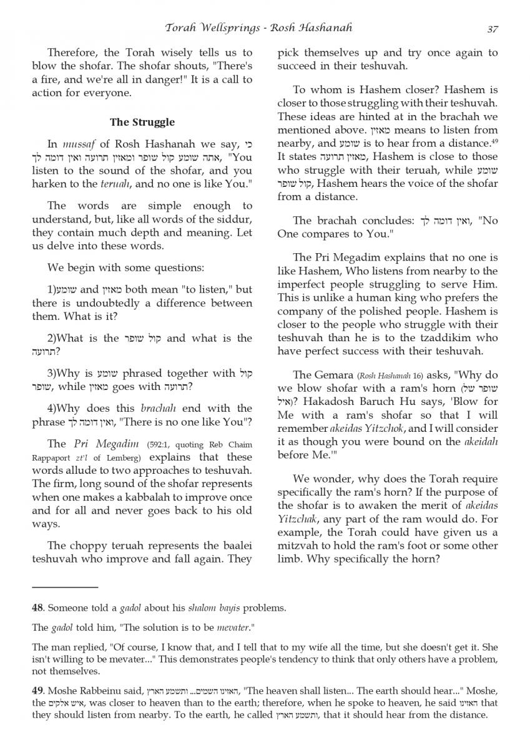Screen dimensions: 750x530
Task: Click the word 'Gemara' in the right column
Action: point(328,375)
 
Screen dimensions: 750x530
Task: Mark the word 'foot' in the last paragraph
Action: point(430,546)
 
